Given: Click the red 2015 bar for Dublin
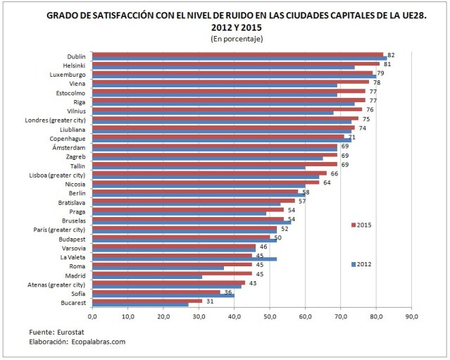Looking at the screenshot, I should (237, 54).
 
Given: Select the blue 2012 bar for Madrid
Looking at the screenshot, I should (146, 276).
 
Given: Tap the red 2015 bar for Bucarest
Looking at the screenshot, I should (146, 301).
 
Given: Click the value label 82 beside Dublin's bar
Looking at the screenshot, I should (391, 54).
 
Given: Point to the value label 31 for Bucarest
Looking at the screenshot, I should (210, 302).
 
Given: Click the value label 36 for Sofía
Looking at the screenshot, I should (227, 292).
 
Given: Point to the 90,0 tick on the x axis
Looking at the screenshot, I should (412, 316).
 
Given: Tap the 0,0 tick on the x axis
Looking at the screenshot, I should (92, 316).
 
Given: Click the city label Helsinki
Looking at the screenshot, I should (72, 65).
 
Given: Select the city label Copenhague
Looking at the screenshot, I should (65, 138).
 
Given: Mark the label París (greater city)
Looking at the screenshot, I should (59, 230).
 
